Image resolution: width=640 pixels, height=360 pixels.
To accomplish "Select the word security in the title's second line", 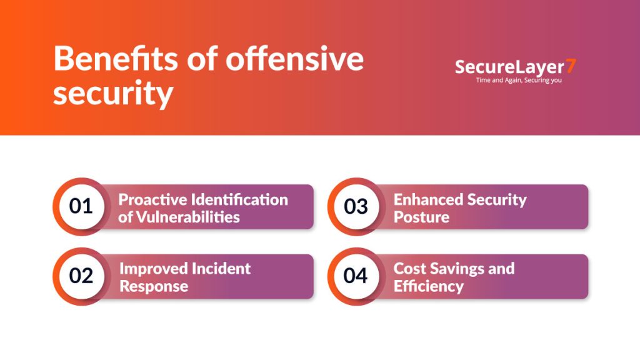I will coord(112,93).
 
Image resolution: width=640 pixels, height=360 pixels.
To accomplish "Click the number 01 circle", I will coord(81,206).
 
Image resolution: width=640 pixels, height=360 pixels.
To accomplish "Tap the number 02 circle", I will coord(81,276).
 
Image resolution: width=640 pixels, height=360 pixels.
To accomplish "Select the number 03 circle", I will coord(356,206).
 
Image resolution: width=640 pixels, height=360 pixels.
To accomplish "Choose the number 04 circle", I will coord(356,276).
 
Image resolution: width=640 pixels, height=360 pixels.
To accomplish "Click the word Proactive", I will coord(154,200).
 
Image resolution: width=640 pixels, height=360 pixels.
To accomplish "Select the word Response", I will coord(154,286).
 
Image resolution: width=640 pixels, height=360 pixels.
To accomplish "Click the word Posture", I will coord(421,217).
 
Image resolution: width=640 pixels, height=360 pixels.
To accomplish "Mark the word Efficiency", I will coord(429,286).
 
